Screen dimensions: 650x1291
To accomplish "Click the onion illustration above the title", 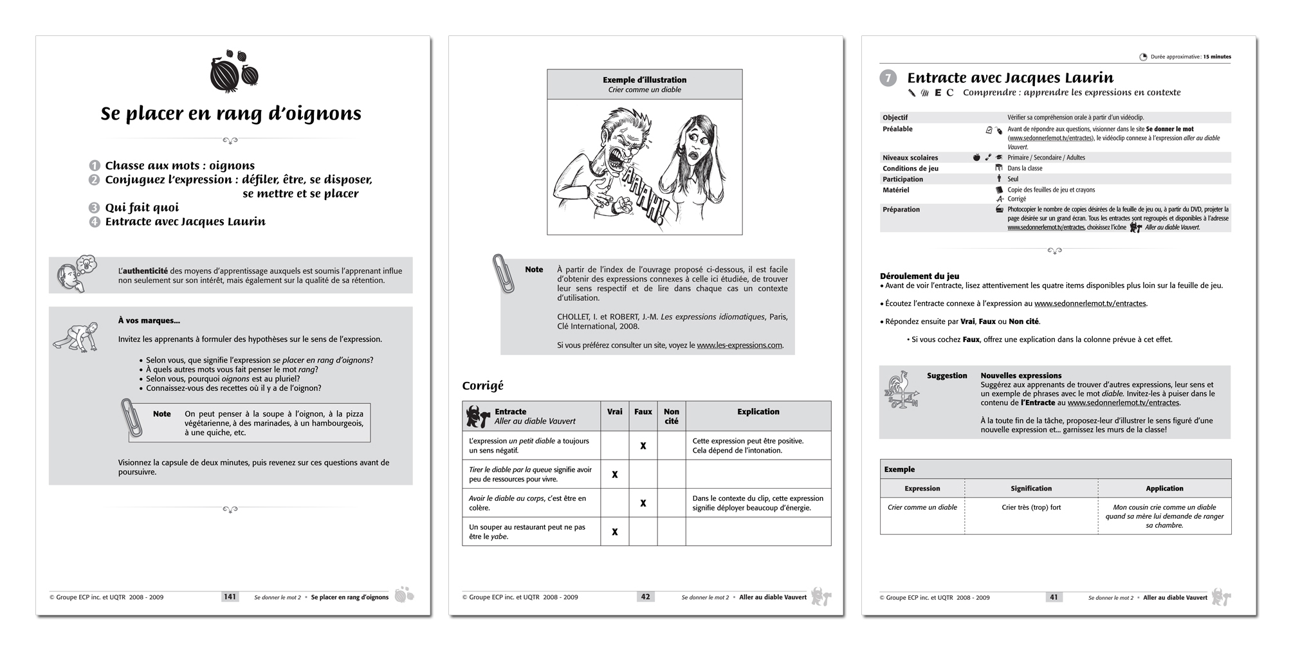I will tap(233, 71).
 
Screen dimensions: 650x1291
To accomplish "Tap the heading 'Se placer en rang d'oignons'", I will tap(231, 114).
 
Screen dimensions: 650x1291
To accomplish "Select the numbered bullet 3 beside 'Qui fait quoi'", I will tap(95, 208).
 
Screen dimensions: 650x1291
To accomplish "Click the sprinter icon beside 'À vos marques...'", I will tap(76, 338).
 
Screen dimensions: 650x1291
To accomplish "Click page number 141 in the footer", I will tap(230, 597).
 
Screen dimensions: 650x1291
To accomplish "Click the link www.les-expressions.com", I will tap(739, 345).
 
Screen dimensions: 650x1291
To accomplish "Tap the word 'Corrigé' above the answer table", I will tap(482, 386).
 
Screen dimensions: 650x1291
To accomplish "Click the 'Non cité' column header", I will tap(671, 416).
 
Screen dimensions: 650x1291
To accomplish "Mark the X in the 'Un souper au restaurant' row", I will tap(615, 532).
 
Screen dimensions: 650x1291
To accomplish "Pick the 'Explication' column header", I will tap(758, 411).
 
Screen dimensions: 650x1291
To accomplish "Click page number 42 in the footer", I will tap(645, 597).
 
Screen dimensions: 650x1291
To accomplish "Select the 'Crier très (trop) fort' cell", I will tap(1031, 507).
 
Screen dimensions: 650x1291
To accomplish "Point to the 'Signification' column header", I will tap(1031, 489).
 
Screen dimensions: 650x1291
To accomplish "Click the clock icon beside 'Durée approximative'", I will tap(1143, 57).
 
